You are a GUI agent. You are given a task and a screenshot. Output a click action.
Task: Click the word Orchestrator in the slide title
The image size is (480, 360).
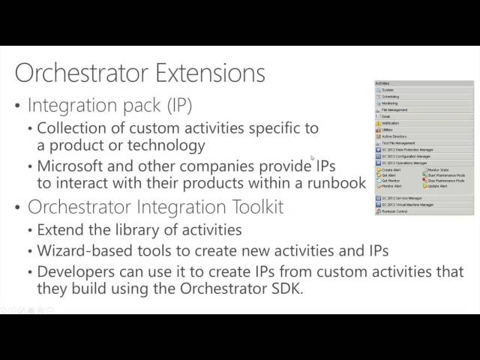tap(85, 73)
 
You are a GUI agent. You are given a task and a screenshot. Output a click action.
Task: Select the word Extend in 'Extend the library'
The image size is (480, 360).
tap(59, 230)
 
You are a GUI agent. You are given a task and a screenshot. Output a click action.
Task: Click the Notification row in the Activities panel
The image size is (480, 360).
tap(392, 123)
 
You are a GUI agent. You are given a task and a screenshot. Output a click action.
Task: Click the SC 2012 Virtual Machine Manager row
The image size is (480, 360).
tap(409, 204)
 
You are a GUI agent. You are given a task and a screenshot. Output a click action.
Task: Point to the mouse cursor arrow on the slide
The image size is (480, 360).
tap(312, 158)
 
